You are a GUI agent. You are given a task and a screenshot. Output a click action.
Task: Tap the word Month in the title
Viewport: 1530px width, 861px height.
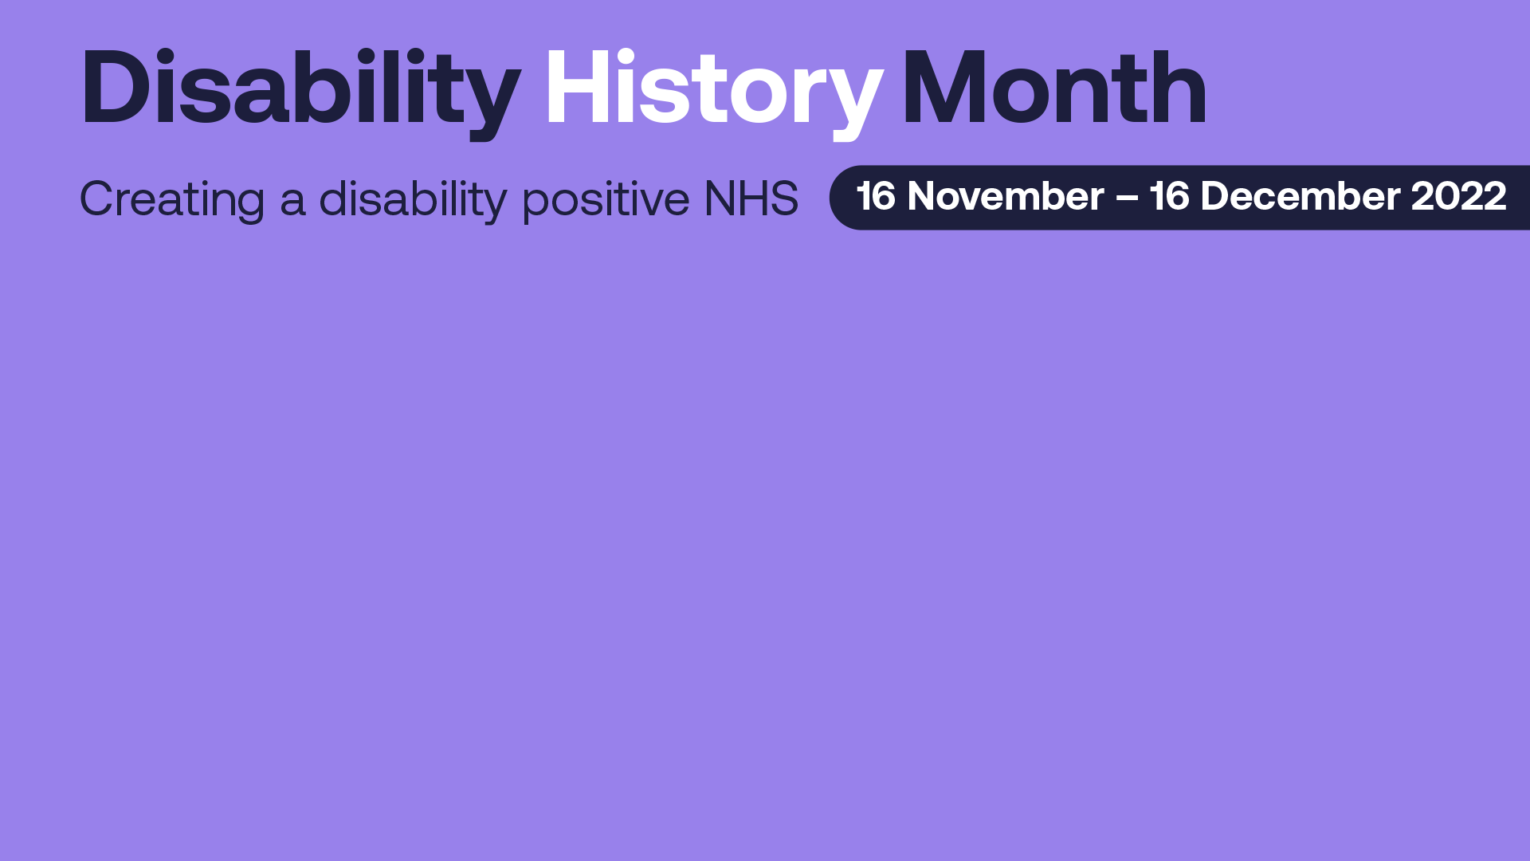coord(1054,87)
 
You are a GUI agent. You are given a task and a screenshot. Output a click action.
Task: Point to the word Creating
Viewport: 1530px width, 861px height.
coord(172,199)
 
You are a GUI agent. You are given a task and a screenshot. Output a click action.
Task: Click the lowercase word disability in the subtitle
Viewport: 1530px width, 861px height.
coord(413,199)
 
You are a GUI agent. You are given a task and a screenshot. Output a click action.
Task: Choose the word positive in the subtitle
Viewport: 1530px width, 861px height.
coord(606,199)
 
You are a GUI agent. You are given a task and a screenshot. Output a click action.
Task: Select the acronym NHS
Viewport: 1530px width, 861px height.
coord(751,199)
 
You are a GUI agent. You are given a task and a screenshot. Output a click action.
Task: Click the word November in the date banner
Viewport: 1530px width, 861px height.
coord(1006,196)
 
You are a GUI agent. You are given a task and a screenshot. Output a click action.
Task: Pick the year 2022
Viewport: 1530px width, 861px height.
coord(1458,196)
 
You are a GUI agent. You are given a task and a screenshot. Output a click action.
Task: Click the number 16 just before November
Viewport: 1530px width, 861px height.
coord(876,196)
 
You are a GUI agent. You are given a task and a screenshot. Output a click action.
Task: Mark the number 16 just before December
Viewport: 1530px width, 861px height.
coord(1169,196)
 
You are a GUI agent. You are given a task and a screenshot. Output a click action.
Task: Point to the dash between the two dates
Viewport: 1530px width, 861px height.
coord(1127,199)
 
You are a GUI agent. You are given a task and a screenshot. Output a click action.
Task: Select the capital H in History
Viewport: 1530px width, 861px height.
coord(579,87)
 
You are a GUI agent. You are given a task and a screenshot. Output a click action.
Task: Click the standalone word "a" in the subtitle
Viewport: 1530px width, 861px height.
coord(292,203)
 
